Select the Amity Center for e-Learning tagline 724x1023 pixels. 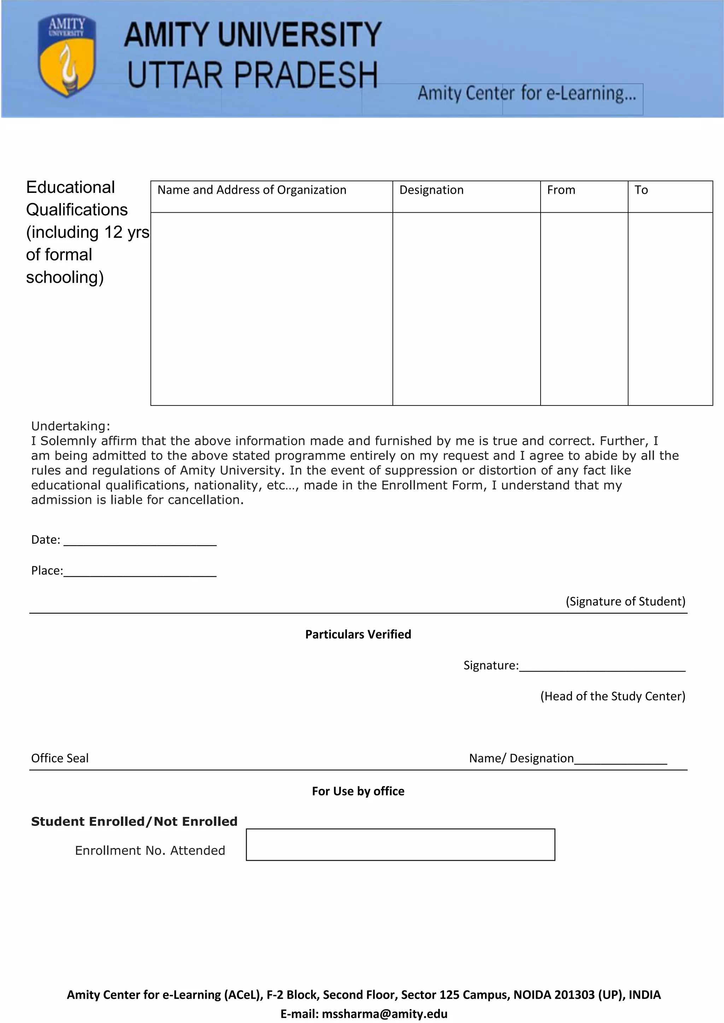526,94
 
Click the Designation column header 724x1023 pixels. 431,190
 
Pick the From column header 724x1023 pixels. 561,190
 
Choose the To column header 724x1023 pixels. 641,190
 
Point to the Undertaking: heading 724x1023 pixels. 70,426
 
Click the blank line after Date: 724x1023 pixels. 140,542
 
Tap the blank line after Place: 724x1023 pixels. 140,573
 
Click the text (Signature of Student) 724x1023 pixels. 625,602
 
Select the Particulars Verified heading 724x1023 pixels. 358,634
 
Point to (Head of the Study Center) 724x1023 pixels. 613,696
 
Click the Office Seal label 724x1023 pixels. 60,758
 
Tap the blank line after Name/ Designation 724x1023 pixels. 620,761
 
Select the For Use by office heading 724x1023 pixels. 358,791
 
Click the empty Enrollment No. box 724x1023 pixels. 400,845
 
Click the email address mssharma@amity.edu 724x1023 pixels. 384,1014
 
